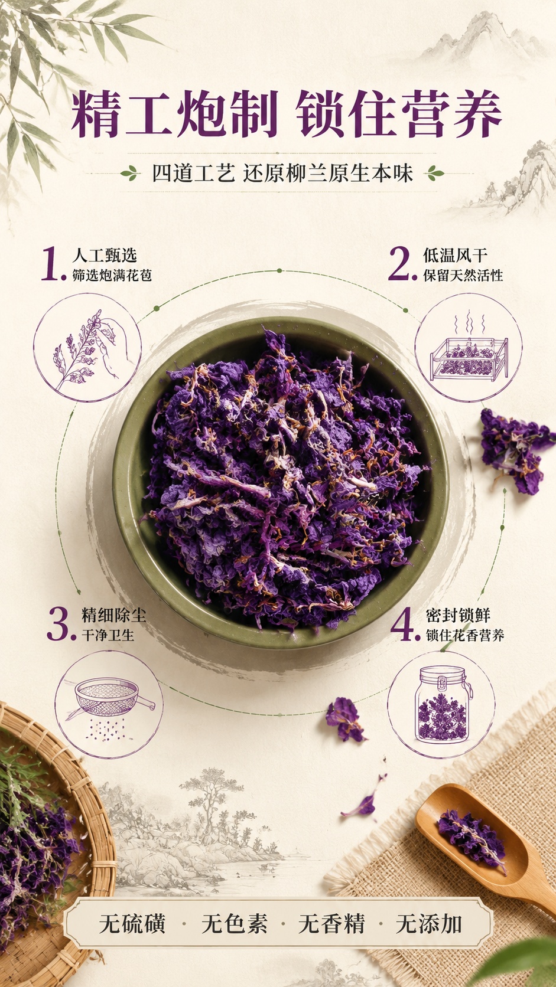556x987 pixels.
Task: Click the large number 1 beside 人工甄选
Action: point(52,264)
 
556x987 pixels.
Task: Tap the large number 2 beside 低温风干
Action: point(402,264)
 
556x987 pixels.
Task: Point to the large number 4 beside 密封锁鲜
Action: point(405,624)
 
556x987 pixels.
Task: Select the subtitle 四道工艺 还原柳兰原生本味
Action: point(282,173)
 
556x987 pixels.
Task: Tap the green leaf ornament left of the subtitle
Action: point(130,174)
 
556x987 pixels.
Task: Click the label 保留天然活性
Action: point(463,276)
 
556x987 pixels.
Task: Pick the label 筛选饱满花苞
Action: point(112,276)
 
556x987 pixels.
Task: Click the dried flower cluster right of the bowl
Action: point(515,450)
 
